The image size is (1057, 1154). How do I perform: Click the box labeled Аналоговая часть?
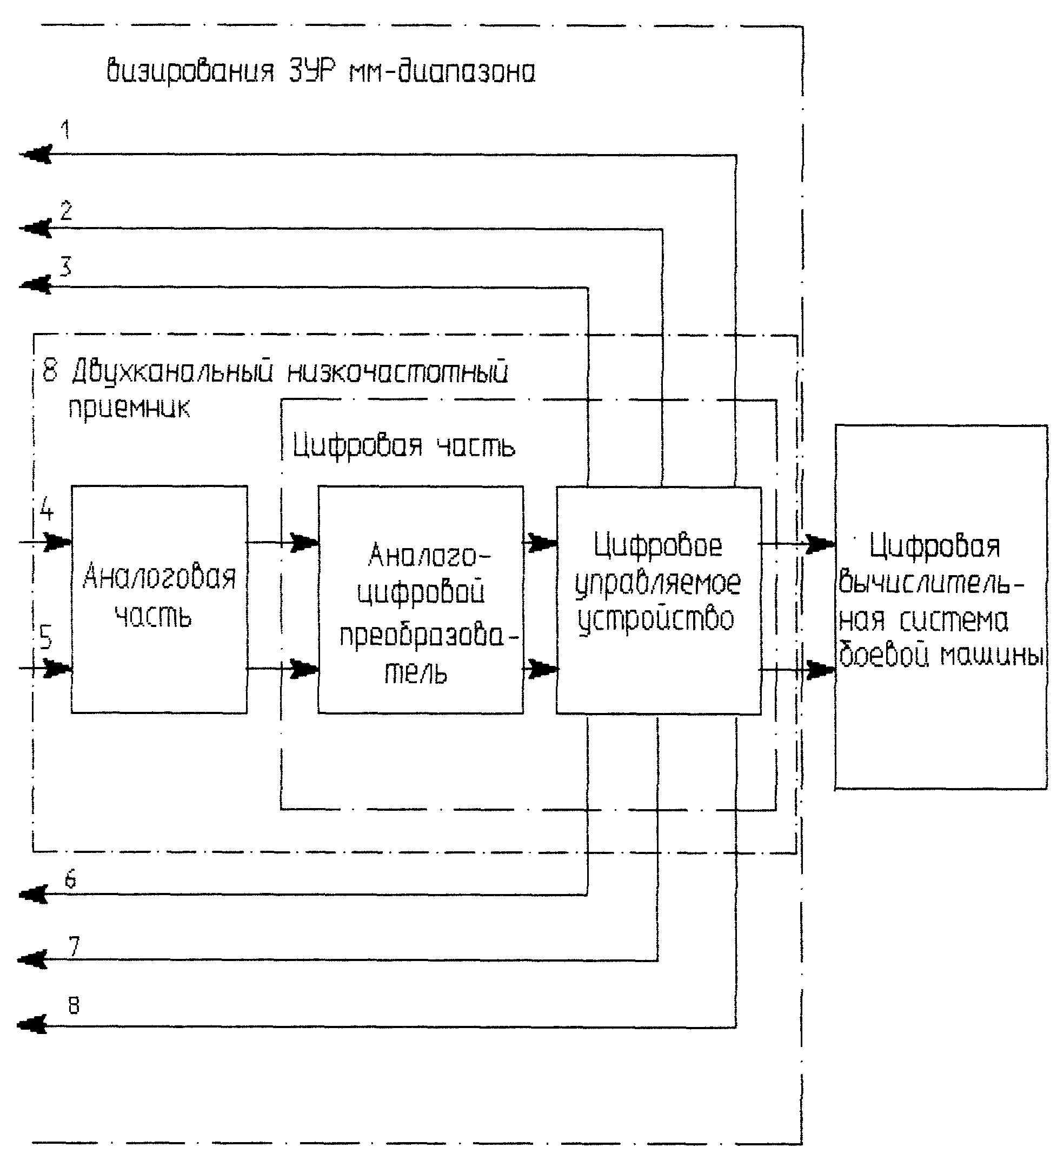159,599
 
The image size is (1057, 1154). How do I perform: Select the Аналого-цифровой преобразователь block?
421,599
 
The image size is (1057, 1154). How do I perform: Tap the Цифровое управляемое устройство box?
659,601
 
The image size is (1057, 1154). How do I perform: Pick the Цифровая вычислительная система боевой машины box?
941,607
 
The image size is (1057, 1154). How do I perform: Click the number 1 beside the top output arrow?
66,129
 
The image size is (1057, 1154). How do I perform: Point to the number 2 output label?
67,211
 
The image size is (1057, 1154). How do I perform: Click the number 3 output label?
66,267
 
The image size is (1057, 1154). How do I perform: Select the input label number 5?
46,637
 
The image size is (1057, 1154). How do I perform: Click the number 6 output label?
70,879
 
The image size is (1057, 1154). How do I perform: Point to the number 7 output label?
75,947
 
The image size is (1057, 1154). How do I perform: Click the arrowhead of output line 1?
36,155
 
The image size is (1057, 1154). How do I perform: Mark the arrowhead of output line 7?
32,960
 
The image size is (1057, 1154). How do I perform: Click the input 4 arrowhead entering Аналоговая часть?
58,542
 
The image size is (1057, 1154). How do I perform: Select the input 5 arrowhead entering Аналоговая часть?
58,668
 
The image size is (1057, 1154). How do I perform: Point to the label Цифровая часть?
404,445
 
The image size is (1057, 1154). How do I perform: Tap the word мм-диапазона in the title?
442,71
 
